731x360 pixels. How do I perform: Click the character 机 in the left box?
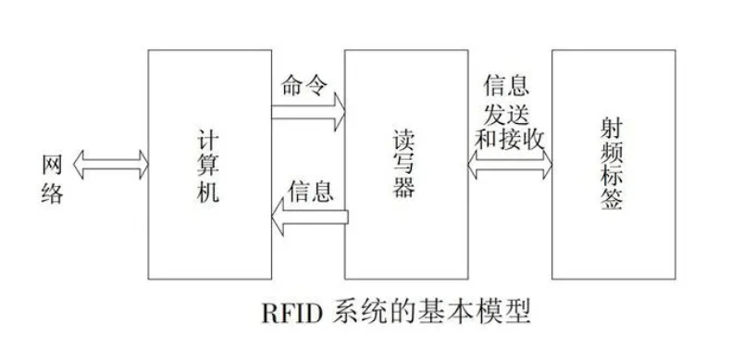click(208, 195)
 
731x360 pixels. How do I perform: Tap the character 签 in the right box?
click(608, 205)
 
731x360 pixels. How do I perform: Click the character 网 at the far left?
click(54, 165)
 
